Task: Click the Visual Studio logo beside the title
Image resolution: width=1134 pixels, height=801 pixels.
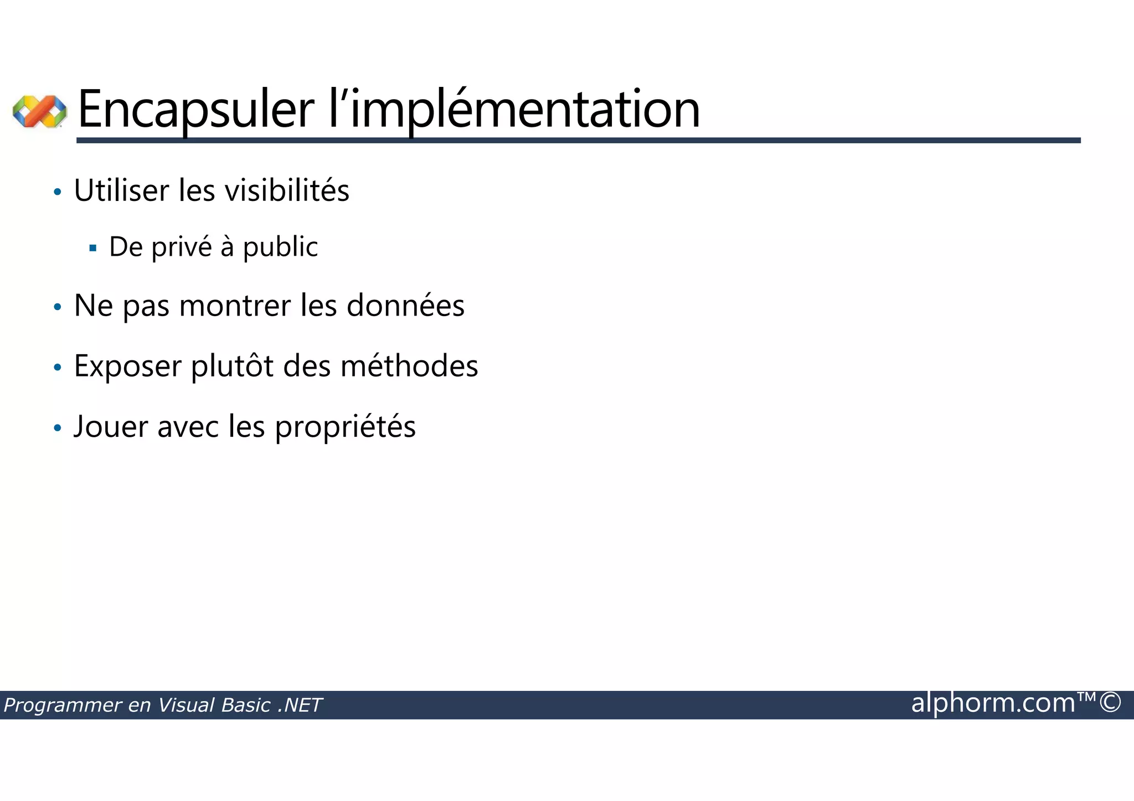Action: click(x=39, y=111)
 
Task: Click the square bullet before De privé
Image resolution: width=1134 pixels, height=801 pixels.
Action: click(x=92, y=248)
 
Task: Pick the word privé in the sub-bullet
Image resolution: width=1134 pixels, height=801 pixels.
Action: click(x=182, y=247)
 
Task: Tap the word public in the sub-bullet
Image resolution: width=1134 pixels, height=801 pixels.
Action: click(x=280, y=247)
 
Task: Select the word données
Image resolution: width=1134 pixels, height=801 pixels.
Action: click(x=405, y=306)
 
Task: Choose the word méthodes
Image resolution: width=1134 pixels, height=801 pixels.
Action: click(x=409, y=366)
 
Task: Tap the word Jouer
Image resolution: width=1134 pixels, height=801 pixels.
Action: click(x=111, y=426)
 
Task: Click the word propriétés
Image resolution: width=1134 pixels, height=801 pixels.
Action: click(x=345, y=427)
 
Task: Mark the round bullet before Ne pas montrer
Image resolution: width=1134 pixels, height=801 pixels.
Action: click(x=58, y=307)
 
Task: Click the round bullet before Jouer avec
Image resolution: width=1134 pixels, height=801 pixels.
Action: click(x=58, y=428)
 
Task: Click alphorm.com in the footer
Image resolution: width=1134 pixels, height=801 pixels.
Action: click(x=993, y=703)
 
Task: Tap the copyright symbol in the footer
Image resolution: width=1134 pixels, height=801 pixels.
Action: click(x=1110, y=702)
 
